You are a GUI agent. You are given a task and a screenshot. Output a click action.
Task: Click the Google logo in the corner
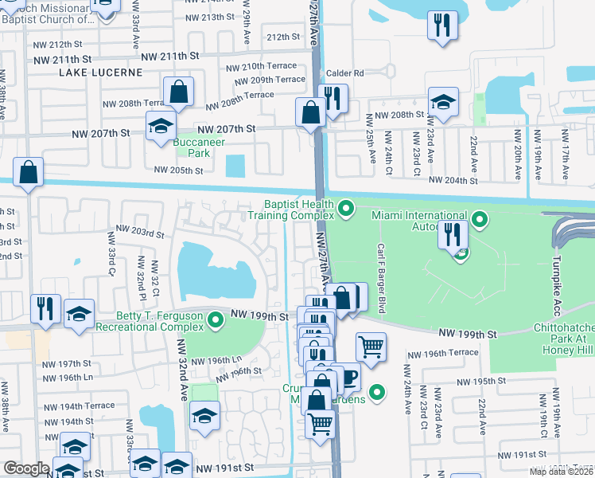(25, 468)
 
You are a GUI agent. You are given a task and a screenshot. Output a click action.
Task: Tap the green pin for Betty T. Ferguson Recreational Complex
(215, 321)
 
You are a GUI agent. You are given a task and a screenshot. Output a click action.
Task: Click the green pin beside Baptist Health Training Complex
(345, 209)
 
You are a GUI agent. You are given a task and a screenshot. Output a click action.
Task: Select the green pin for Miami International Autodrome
(479, 218)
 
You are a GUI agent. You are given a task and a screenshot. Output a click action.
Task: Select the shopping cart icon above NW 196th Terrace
(371, 347)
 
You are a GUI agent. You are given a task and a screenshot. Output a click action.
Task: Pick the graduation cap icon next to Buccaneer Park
(161, 126)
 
